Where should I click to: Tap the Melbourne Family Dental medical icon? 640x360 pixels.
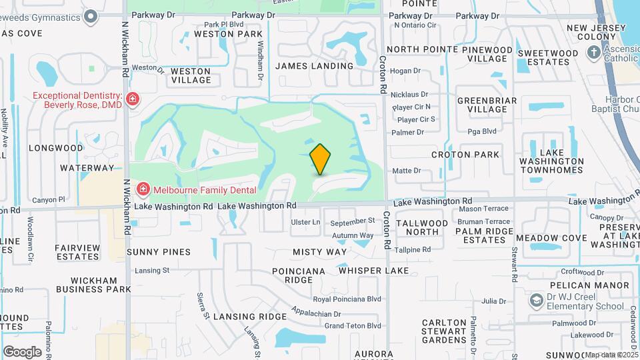[x=142, y=190]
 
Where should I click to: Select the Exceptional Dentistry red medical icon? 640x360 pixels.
[x=133, y=100]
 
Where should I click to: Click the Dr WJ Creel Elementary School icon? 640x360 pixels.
[x=536, y=301]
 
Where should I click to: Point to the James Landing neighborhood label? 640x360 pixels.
[x=314, y=66]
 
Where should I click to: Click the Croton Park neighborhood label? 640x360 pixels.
[x=465, y=155]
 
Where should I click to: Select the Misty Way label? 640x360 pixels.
[x=320, y=252]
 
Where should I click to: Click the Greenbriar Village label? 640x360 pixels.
[x=487, y=105]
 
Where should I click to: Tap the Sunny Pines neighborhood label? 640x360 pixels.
[x=159, y=252]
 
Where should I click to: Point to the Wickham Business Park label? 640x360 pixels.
[x=93, y=285]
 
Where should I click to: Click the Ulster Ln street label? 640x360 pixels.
[x=306, y=221]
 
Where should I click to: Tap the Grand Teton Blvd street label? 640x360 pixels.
[x=353, y=325]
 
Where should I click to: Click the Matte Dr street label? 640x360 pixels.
[x=406, y=171]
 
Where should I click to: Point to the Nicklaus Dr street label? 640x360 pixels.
[x=410, y=95]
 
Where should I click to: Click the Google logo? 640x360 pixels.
[x=22, y=352]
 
